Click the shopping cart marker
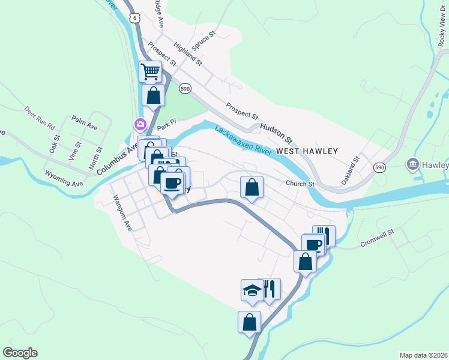pos(150,72)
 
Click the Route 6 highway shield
pos(136,19)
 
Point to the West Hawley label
pos(307,151)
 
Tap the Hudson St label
pos(276,133)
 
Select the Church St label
pos(300,184)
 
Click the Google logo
pos(20,353)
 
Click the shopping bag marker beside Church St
pos(252,187)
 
